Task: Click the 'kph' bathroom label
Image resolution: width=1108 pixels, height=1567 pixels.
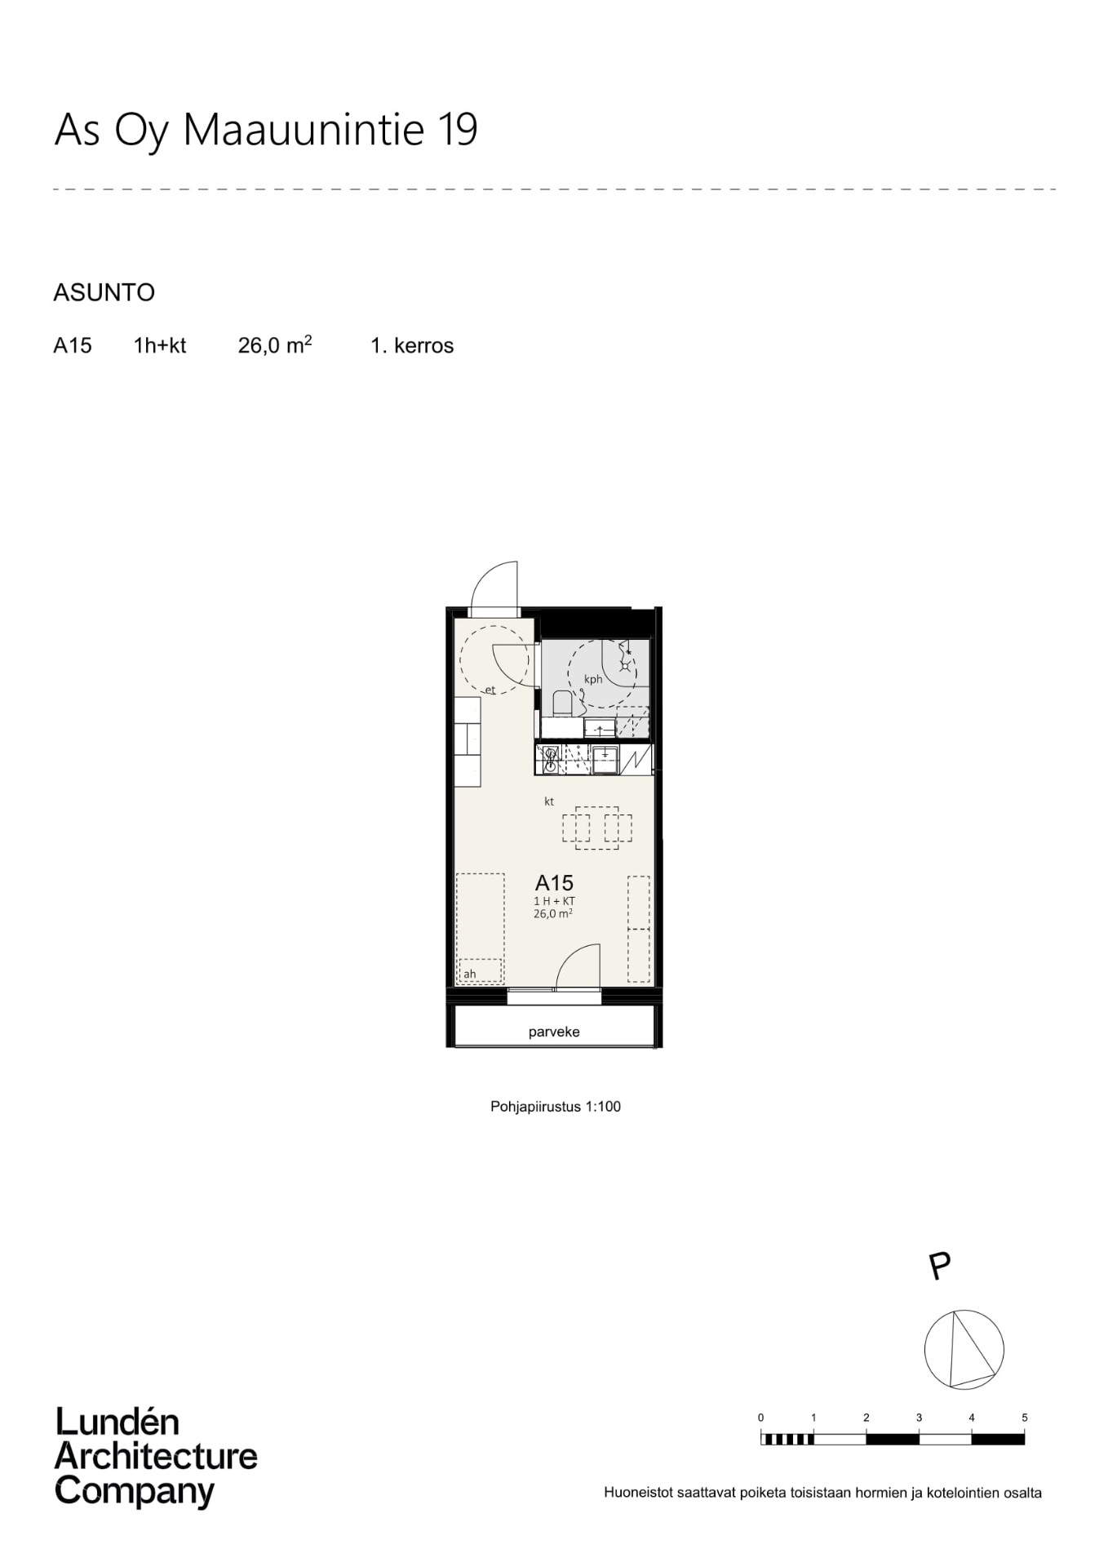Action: click(593, 679)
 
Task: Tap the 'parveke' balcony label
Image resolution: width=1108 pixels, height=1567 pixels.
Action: click(554, 1032)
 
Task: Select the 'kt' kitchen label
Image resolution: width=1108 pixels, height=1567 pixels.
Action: click(549, 801)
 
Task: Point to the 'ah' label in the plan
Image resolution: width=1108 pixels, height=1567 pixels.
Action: click(469, 974)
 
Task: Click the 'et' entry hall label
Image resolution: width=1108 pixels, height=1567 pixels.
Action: click(490, 690)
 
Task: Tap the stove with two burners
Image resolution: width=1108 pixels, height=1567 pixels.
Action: click(550, 760)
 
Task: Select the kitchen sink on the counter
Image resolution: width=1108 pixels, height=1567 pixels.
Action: click(605, 760)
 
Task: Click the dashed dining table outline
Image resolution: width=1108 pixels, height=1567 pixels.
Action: click(596, 828)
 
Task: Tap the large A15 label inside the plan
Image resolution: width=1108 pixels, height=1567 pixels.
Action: click(554, 882)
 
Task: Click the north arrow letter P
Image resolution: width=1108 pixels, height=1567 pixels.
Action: click(940, 1267)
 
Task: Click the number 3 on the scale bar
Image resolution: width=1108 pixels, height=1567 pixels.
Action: click(919, 1418)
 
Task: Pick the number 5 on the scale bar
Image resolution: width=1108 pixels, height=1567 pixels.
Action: click(1024, 1418)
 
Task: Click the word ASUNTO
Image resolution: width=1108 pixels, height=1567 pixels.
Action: click(104, 292)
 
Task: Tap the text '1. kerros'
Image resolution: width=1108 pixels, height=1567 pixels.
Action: click(412, 345)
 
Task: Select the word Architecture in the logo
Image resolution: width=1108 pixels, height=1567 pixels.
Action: click(156, 1457)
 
